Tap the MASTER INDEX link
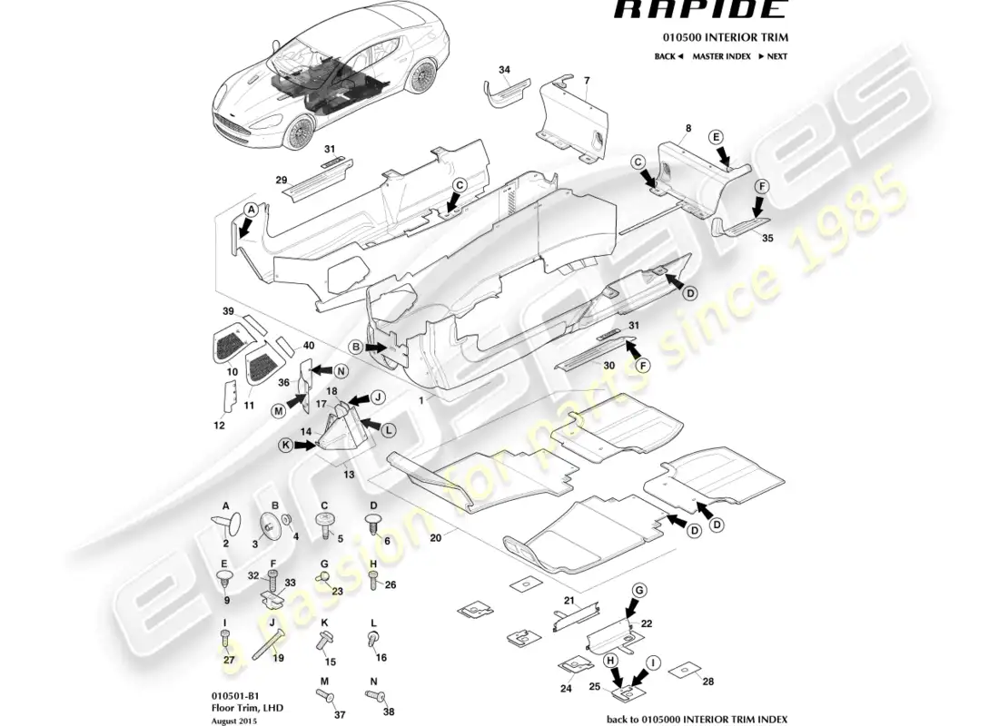coord(721,56)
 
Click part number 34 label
coord(504,69)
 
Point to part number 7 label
coord(587,81)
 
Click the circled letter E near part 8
coord(716,137)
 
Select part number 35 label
coord(767,239)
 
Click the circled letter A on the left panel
coord(251,209)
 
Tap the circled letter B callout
coord(357,348)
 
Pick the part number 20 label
coord(436,538)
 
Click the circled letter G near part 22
coord(639,591)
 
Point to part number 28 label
coord(708,680)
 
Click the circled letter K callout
coord(287,446)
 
